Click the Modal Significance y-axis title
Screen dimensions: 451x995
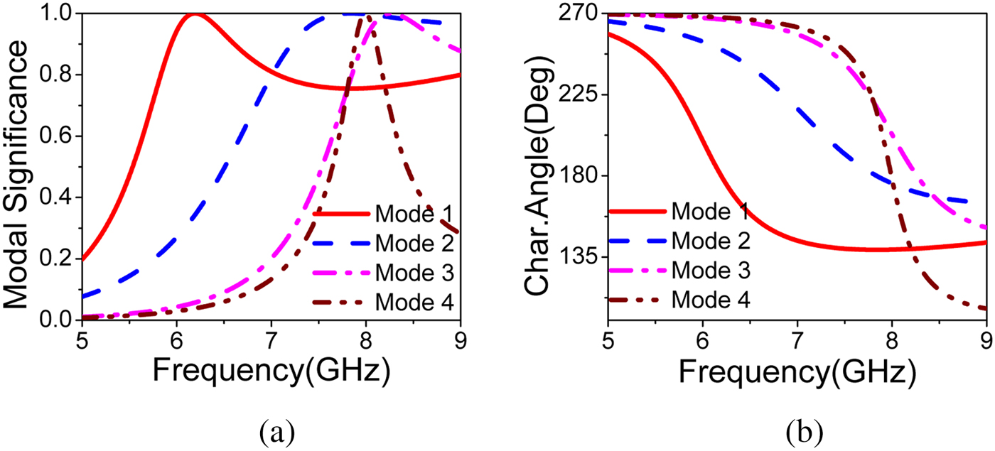pos(21,167)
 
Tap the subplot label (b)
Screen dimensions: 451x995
pos(801,430)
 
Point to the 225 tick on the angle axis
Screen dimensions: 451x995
pos(580,95)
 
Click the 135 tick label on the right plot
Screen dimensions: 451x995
pos(580,256)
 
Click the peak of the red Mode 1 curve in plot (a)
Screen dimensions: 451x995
pos(193,14)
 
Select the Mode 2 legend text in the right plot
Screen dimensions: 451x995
pos(711,240)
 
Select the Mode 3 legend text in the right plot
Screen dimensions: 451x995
pos(711,270)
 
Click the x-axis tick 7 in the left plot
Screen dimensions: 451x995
pos(271,338)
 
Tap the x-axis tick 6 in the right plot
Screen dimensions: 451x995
pos(702,338)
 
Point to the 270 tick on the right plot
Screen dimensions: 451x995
pos(580,14)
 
